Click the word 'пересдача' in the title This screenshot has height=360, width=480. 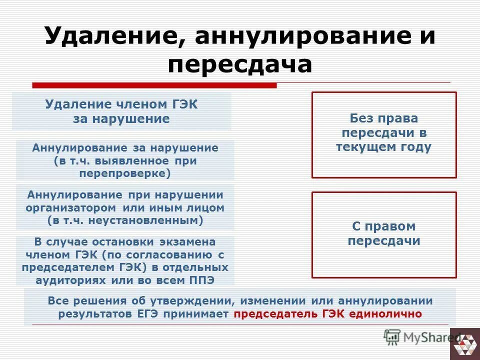(x=239, y=64)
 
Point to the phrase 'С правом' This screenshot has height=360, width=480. (x=383, y=226)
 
